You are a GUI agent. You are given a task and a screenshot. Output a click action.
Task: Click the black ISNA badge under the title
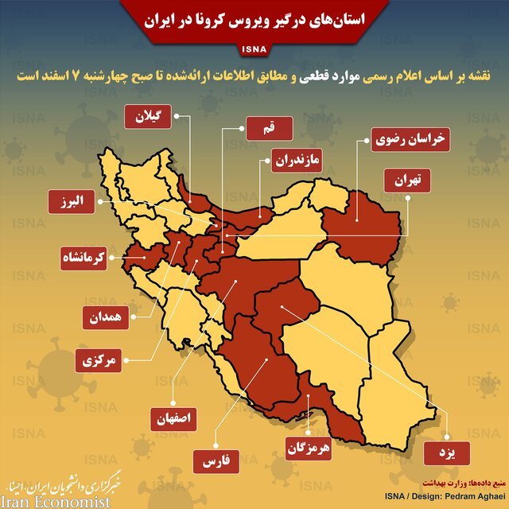[x=254, y=54]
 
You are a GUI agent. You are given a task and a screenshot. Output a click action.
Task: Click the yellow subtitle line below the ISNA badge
[x=254, y=76]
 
